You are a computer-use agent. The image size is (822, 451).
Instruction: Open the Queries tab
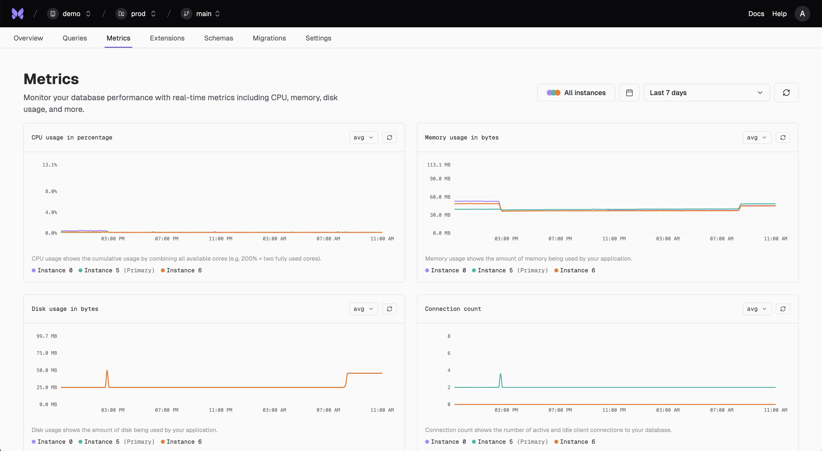tap(75, 38)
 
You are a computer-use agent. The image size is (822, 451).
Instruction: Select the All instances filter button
tap(576, 93)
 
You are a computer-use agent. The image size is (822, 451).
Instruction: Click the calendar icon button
tap(629, 93)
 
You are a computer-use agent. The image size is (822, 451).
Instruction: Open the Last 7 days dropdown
tap(706, 93)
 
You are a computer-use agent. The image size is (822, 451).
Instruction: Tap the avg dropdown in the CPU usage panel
tap(363, 137)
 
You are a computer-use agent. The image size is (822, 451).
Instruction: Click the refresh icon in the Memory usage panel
tap(783, 137)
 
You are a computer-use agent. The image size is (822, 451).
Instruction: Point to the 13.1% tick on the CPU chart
tap(50, 165)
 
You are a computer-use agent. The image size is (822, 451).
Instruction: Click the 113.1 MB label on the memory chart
tap(439, 165)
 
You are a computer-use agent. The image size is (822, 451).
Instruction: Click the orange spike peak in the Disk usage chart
tap(107, 371)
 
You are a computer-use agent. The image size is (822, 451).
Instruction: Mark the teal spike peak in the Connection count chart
tap(500, 374)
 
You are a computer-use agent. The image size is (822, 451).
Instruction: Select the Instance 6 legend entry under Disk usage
tap(181, 442)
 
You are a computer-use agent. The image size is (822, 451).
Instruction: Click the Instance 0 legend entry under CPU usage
tap(52, 270)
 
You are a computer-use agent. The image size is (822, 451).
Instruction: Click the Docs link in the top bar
tap(756, 14)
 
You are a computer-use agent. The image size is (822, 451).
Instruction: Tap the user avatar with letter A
tap(802, 14)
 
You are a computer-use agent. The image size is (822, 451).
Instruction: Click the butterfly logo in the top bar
tap(18, 14)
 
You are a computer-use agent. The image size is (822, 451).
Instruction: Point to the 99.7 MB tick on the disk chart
tap(47, 336)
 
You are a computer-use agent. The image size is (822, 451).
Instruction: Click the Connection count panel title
tap(453, 309)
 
